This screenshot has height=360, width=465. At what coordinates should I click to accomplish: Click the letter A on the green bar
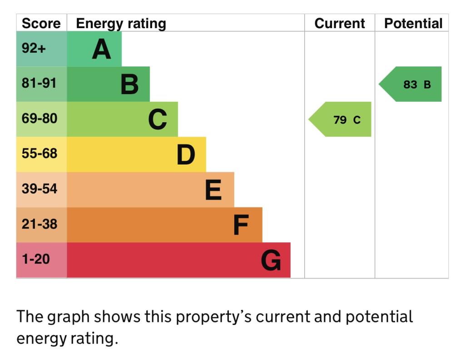point(101,50)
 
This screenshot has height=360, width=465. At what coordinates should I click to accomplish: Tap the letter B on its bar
point(129,85)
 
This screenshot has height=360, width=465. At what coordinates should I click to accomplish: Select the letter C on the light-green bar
point(158,120)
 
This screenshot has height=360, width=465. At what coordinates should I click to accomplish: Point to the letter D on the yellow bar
point(186,155)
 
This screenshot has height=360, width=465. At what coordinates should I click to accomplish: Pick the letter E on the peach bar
point(213,190)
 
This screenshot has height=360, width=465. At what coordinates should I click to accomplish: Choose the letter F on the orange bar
point(241,225)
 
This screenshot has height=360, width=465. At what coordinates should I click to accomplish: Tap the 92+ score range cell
point(34,48)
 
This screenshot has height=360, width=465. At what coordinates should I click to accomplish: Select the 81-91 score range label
point(40,83)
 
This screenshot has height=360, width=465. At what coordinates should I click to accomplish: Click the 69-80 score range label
point(40,118)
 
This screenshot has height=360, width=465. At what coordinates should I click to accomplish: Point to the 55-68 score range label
point(40,153)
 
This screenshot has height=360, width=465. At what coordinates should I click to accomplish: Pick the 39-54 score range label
point(40,189)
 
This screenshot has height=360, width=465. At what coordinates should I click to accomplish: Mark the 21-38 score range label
point(40,224)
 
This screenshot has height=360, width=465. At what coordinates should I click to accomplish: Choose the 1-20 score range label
point(36,259)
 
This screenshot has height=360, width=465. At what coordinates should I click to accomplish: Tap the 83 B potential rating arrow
point(411,84)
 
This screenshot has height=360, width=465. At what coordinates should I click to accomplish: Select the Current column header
point(339,24)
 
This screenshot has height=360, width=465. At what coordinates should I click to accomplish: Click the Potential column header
point(413,24)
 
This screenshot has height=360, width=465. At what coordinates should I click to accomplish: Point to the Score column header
point(41,24)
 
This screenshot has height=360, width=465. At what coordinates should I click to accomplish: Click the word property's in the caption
point(213,317)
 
